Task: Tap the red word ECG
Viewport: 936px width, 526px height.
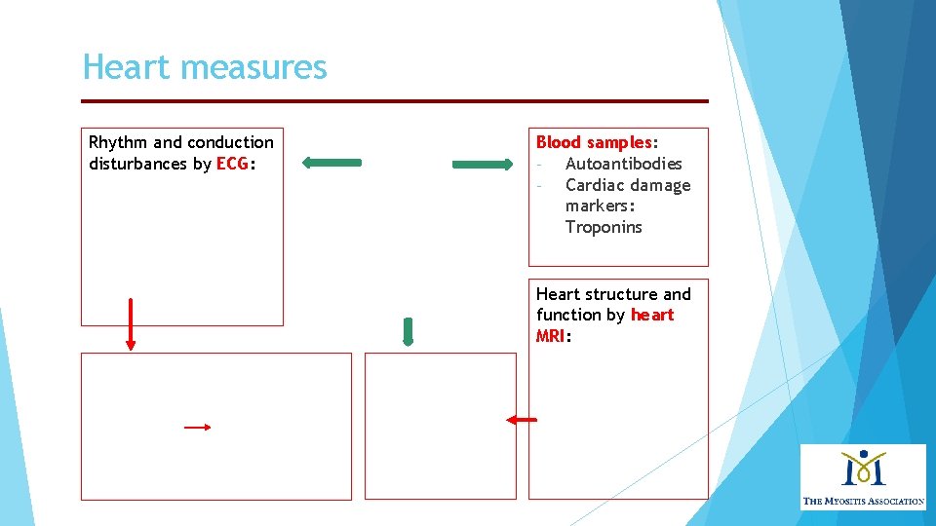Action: click(x=232, y=164)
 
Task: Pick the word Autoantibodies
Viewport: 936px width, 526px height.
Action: click(x=623, y=164)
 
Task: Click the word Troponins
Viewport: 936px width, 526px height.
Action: click(x=604, y=227)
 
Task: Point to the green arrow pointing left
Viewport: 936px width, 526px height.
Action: click(x=331, y=163)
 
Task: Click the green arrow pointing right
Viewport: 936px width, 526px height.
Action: click(x=482, y=165)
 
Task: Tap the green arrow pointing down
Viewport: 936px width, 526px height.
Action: click(x=408, y=332)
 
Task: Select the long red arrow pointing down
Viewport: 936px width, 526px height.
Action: click(x=130, y=323)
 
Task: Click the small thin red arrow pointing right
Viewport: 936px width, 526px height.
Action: click(x=198, y=427)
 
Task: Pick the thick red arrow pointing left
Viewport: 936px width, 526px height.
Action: click(x=521, y=420)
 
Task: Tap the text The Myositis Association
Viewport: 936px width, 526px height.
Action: click(x=863, y=501)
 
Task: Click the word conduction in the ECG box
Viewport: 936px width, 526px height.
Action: click(x=231, y=142)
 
